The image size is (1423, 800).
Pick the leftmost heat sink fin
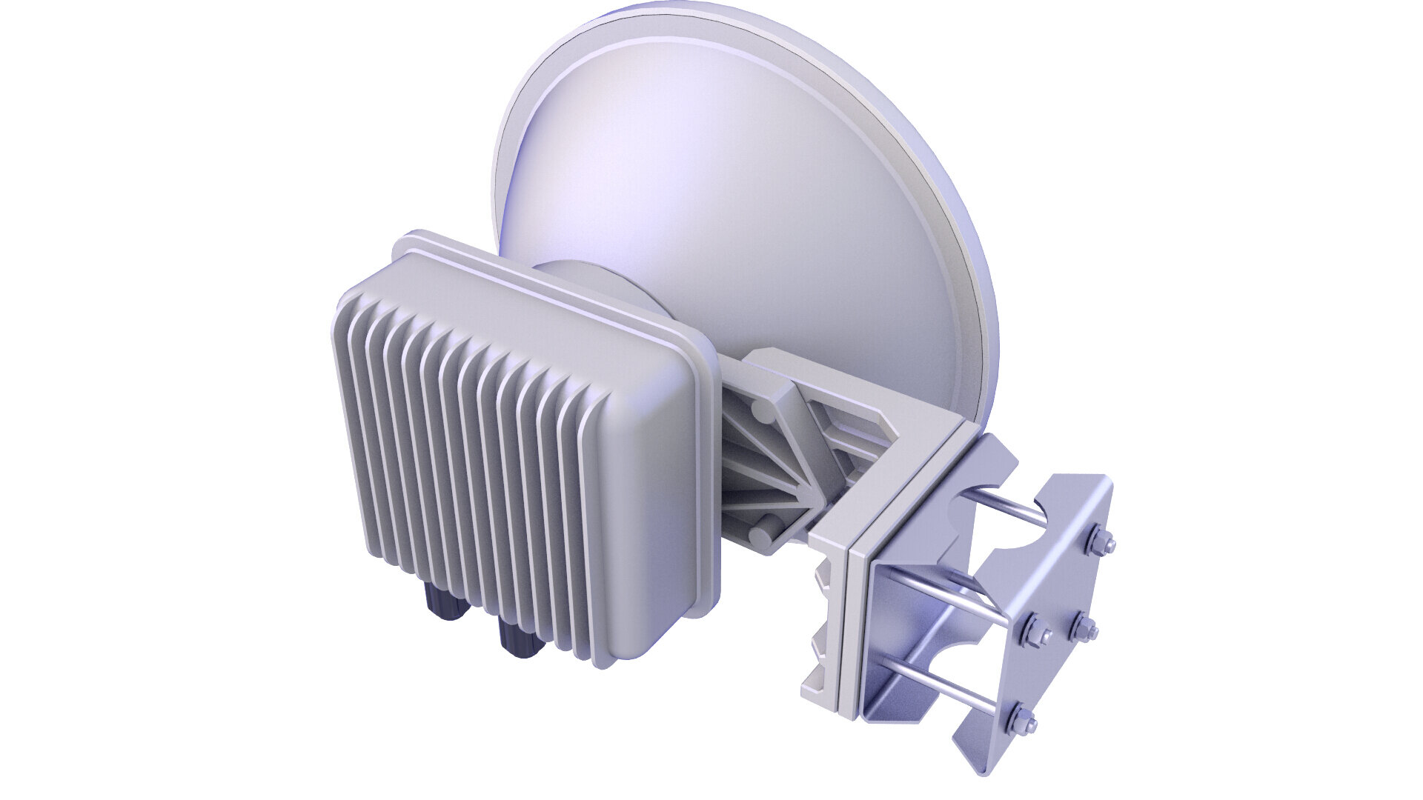(348, 415)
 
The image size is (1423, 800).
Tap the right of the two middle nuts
(1083, 628)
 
